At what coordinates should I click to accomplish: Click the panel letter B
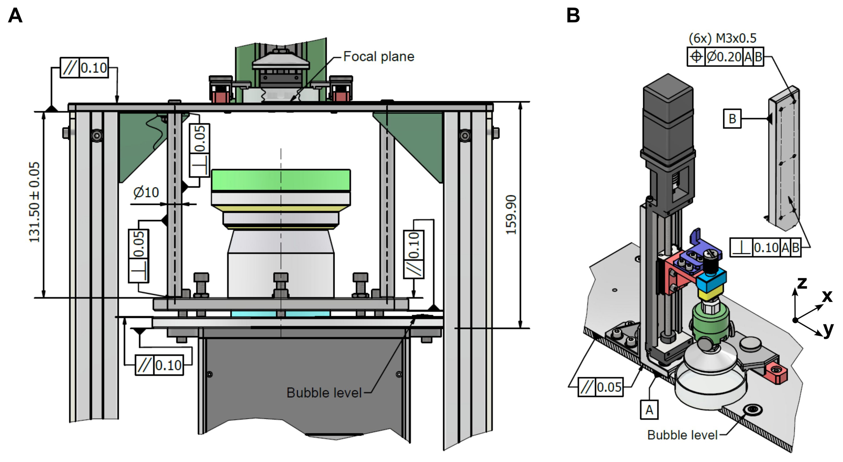point(573,15)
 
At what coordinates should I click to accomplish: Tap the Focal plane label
point(379,57)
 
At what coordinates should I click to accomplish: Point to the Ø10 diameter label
point(146,192)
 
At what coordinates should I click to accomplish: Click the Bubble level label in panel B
point(682,435)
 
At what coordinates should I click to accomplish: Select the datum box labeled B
point(732,119)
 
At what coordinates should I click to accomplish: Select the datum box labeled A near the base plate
point(649,410)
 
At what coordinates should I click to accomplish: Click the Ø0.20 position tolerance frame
point(725,57)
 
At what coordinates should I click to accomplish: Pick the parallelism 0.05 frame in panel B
point(601,387)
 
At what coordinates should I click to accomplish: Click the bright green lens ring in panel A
point(281,180)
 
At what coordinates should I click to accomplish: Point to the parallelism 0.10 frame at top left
point(84,68)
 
